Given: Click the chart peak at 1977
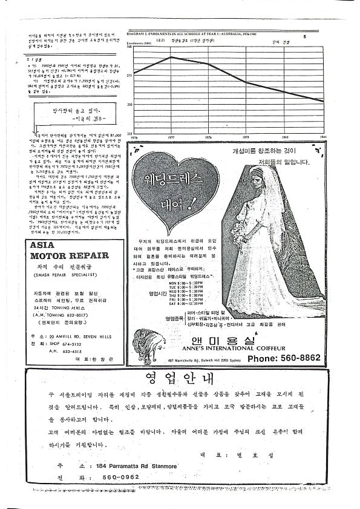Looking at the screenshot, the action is pos(171,57).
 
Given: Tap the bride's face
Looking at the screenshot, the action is pos(260,184).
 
